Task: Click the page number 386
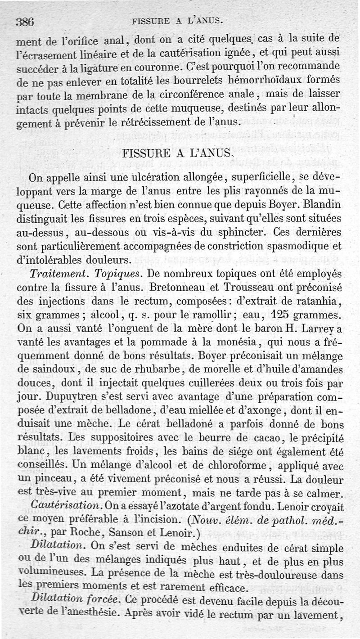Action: tap(26, 21)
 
